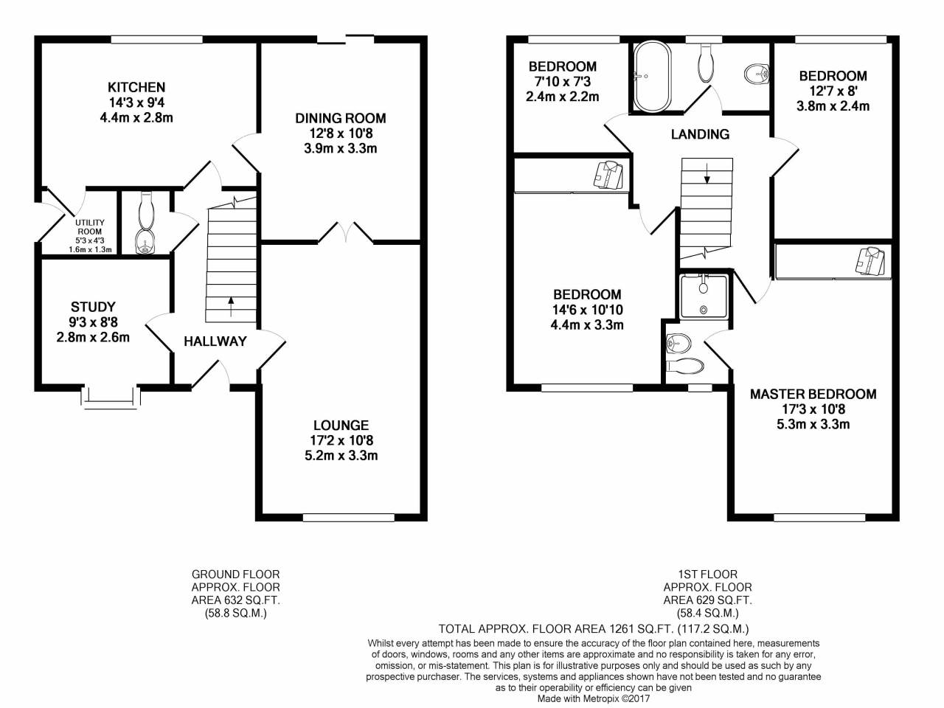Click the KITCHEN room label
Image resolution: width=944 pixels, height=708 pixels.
[x=136, y=87]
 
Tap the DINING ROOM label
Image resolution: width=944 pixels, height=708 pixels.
[x=341, y=118]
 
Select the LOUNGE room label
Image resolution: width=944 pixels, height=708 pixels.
[x=341, y=425]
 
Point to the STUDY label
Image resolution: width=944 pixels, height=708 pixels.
[x=93, y=307]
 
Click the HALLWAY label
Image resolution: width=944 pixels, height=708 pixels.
[x=215, y=341]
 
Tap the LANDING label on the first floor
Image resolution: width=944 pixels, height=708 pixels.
[x=700, y=134]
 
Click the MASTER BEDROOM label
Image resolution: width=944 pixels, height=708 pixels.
[x=813, y=394]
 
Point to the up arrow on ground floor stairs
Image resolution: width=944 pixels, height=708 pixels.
[x=232, y=301]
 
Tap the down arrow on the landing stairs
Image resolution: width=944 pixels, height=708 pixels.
[x=707, y=174]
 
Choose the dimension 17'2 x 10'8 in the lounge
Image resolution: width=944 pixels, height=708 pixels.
[x=341, y=440]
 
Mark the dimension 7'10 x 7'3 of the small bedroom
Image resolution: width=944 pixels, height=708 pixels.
[x=562, y=82]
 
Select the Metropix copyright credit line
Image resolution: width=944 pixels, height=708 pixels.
[x=594, y=698]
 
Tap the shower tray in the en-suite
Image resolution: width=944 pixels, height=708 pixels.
[x=704, y=296]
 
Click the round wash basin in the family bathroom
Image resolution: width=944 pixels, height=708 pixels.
[x=755, y=73]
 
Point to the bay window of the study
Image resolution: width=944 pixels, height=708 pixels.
[x=111, y=397]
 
